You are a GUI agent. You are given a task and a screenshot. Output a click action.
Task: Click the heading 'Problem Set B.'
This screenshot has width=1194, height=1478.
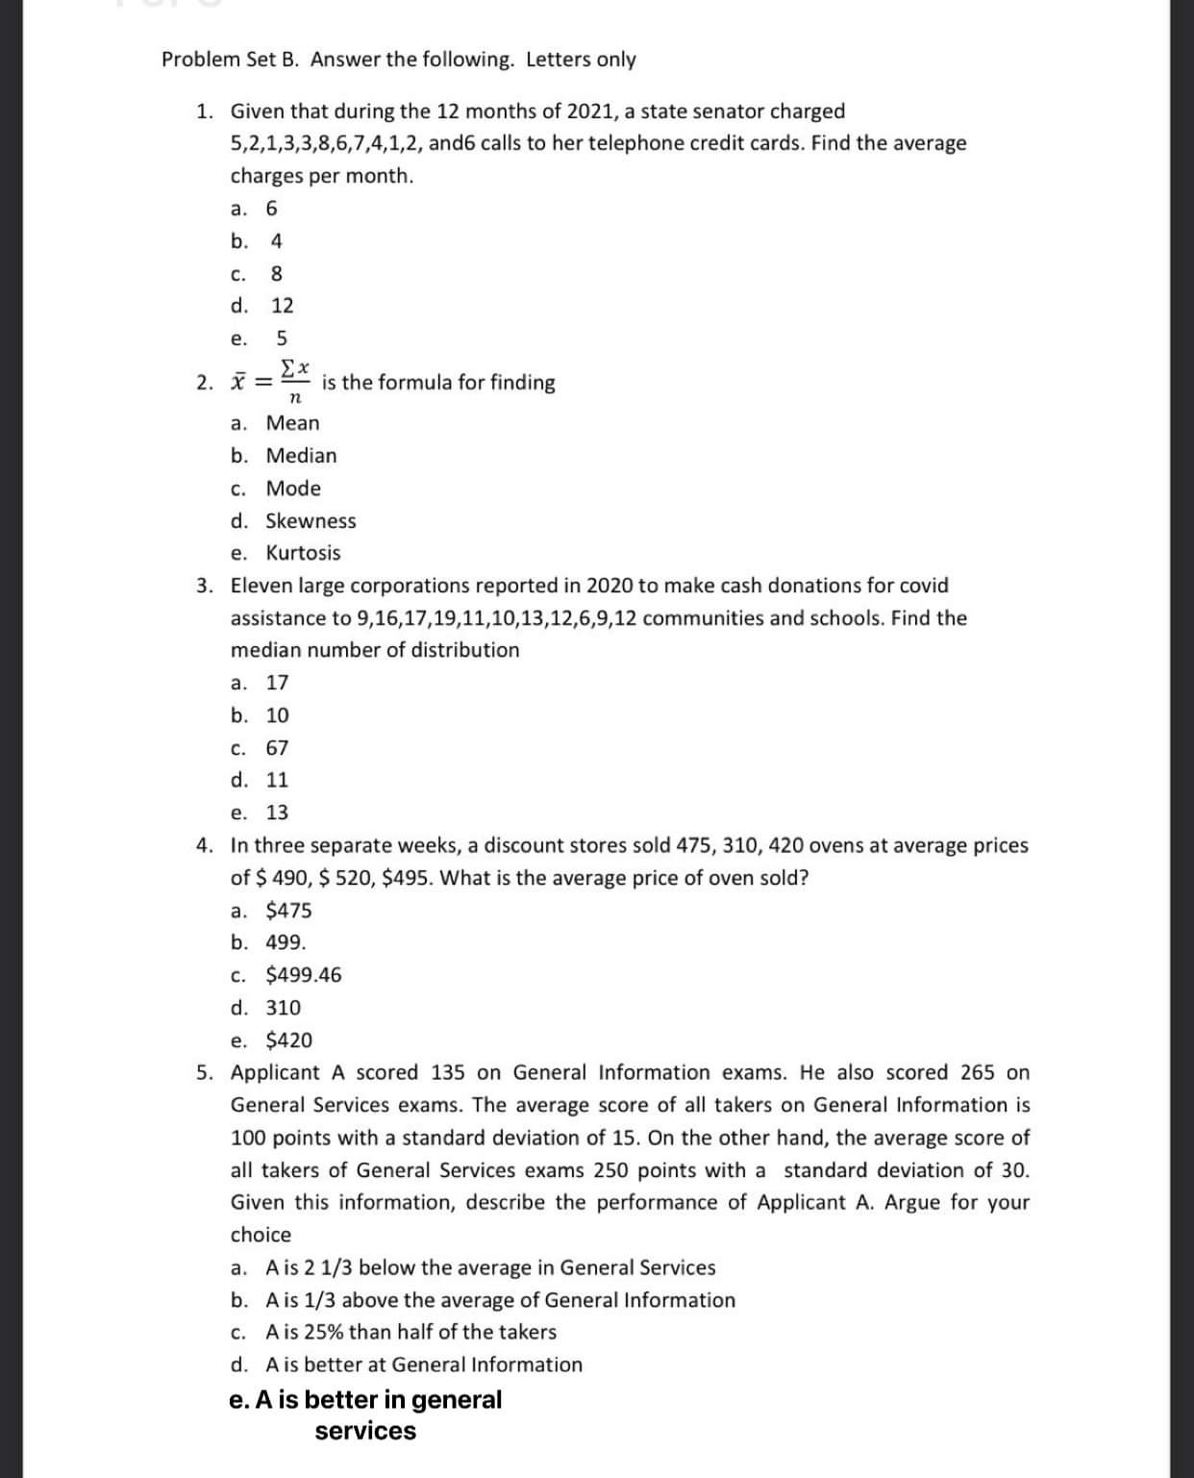(231, 60)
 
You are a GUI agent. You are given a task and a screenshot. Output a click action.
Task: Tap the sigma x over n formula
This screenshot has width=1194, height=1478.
(294, 382)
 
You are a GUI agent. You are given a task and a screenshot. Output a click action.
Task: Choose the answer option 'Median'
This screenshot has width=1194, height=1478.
(300, 456)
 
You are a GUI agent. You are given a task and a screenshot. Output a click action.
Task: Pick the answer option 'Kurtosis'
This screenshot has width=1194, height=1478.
(302, 553)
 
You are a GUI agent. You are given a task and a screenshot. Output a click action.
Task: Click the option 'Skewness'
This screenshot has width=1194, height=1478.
(310, 521)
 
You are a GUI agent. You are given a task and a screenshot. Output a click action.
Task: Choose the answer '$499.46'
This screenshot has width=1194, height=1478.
(303, 975)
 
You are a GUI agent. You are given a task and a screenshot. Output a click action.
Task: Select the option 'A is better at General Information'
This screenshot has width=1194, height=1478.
(423, 1365)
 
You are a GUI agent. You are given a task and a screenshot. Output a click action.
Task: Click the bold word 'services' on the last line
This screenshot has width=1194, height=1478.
(365, 1431)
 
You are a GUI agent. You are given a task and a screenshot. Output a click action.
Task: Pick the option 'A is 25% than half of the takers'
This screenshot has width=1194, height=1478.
(410, 1332)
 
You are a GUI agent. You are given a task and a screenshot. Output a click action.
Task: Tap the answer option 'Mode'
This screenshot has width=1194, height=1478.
(293, 488)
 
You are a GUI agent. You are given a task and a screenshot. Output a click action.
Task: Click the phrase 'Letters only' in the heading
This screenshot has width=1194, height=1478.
(581, 60)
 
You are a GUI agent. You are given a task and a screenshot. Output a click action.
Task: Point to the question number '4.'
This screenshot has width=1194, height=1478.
(205, 845)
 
